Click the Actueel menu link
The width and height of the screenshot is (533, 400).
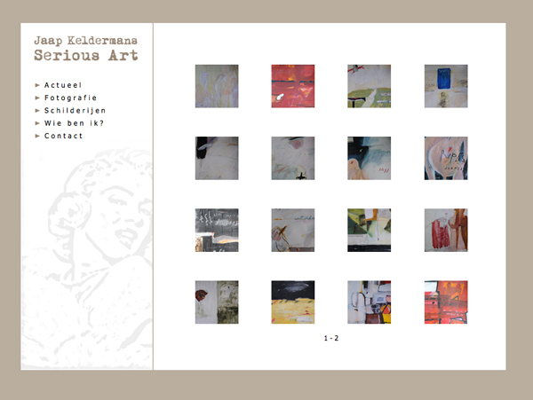coord(63,85)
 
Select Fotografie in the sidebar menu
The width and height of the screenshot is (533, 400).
coord(71,98)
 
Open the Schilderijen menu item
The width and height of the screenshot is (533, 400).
coord(76,111)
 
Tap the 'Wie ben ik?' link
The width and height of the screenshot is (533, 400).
coord(74,123)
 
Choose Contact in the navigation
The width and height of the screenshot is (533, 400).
coord(64,136)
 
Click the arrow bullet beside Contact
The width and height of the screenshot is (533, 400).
coord(37,136)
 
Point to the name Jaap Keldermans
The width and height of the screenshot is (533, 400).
coord(85,41)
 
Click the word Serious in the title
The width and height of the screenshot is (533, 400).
coord(67,55)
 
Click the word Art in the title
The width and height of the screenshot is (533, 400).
coord(123,55)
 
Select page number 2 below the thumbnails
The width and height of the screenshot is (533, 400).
coord(336,338)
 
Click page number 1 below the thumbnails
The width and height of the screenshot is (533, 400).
coord(326,338)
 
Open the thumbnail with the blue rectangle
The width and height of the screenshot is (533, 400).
coord(446,86)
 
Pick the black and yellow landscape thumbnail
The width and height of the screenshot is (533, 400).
coord(293,302)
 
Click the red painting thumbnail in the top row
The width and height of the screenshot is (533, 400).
coord(293,86)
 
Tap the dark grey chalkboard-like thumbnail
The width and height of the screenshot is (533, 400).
coord(217,231)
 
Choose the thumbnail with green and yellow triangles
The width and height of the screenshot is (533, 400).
coord(370,231)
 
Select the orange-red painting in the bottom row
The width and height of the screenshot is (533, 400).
coord(446,302)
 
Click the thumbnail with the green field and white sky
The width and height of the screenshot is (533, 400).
coord(370,86)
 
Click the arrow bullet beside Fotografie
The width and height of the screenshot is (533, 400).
coord(37,98)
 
